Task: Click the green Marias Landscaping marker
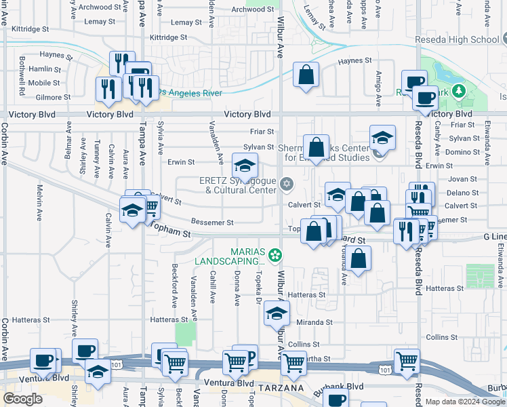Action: point(275,256)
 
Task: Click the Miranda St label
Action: point(313,323)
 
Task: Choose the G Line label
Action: point(494,237)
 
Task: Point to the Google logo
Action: point(22,399)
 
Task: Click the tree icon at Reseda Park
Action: point(459,90)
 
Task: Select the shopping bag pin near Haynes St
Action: point(306,74)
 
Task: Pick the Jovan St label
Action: point(463,180)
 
